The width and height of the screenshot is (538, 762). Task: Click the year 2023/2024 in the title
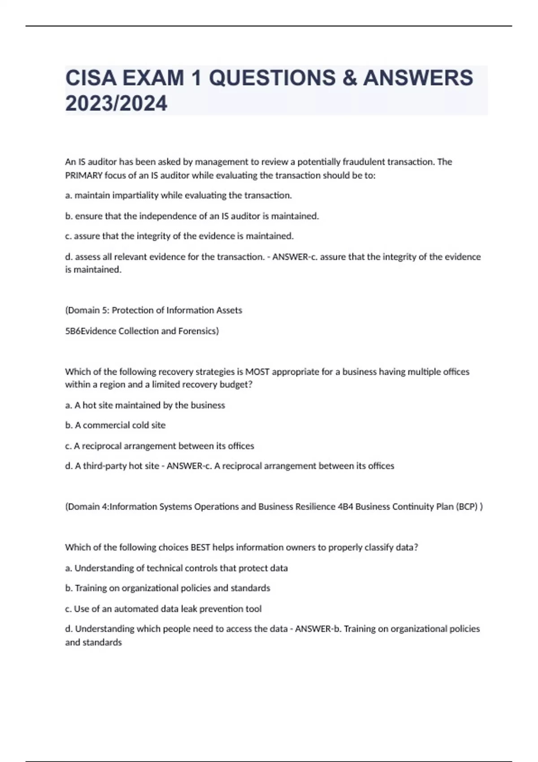coord(116,104)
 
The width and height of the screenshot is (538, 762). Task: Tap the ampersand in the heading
coord(349,78)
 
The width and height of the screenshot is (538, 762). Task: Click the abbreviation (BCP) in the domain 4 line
coord(466,507)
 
